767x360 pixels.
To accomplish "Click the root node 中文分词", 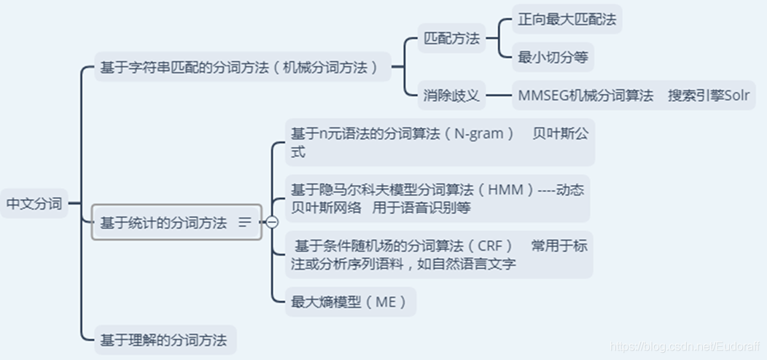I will click(x=34, y=204).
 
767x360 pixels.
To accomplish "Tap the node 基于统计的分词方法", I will click(x=163, y=223).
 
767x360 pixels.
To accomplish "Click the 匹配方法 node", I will click(x=452, y=39).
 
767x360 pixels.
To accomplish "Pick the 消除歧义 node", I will click(x=452, y=95).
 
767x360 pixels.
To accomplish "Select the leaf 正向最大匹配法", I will click(x=567, y=19).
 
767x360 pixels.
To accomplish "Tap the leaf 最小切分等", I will click(x=552, y=58).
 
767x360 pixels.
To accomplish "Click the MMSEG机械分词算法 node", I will click(x=585, y=95).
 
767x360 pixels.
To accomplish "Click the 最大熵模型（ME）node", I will click(x=349, y=302).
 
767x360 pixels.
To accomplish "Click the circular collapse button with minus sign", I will click(x=272, y=222).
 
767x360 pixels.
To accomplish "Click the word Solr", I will click(x=732, y=95).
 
